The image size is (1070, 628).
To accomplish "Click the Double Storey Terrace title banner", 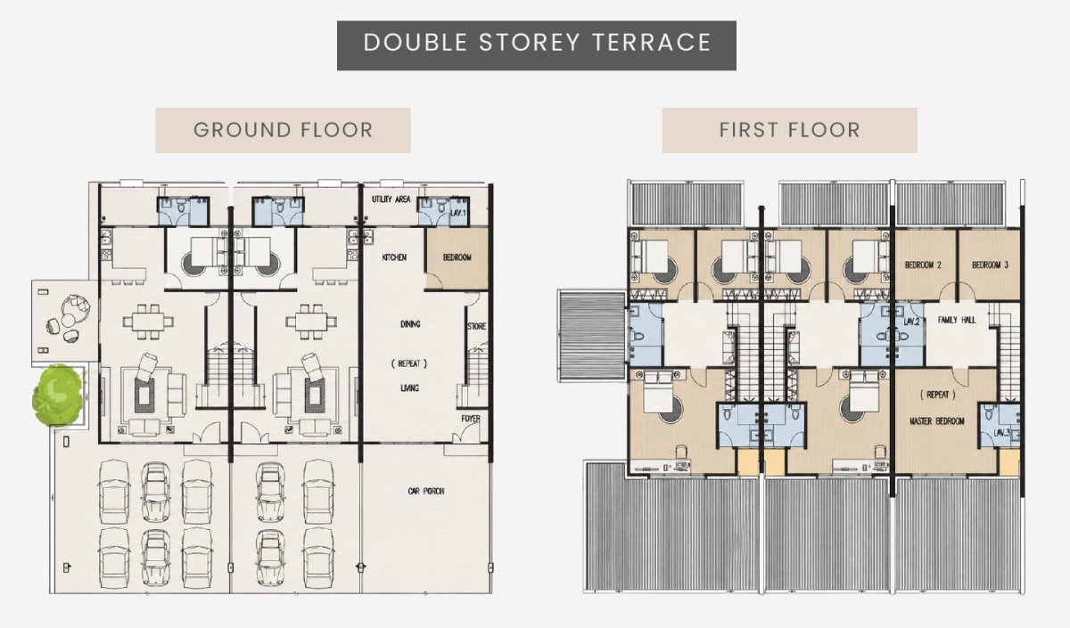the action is pyautogui.click(x=537, y=45).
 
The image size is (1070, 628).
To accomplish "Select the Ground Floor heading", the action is pyautogui.click(x=283, y=130).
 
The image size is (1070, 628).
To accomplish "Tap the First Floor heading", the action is pyautogui.click(x=790, y=130).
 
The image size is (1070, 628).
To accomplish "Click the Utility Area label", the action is pyautogui.click(x=391, y=199).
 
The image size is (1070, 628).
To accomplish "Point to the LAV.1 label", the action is pyautogui.click(x=457, y=213).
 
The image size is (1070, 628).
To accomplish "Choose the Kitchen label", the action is pyautogui.click(x=394, y=257).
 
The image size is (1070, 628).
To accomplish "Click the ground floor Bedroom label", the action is pyautogui.click(x=457, y=257).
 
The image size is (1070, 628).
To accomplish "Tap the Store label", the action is pyautogui.click(x=476, y=326).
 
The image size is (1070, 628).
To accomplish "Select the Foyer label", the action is pyautogui.click(x=471, y=419).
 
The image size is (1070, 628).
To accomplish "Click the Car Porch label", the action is pyautogui.click(x=426, y=491).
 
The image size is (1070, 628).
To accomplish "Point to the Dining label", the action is pyautogui.click(x=410, y=324).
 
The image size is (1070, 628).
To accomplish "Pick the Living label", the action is pyautogui.click(x=410, y=388).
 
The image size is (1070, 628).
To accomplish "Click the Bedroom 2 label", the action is pyautogui.click(x=923, y=265).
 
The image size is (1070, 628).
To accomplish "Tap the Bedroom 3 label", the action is pyautogui.click(x=991, y=265).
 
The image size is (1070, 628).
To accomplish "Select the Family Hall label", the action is pyautogui.click(x=956, y=320).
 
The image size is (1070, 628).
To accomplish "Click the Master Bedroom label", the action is pyautogui.click(x=937, y=420).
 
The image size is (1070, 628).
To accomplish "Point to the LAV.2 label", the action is pyautogui.click(x=911, y=322).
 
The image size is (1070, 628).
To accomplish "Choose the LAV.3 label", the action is pyautogui.click(x=1001, y=433).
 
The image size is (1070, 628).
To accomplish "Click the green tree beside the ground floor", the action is pyautogui.click(x=58, y=396).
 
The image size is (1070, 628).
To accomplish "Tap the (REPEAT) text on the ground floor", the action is pyautogui.click(x=409, y=363).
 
